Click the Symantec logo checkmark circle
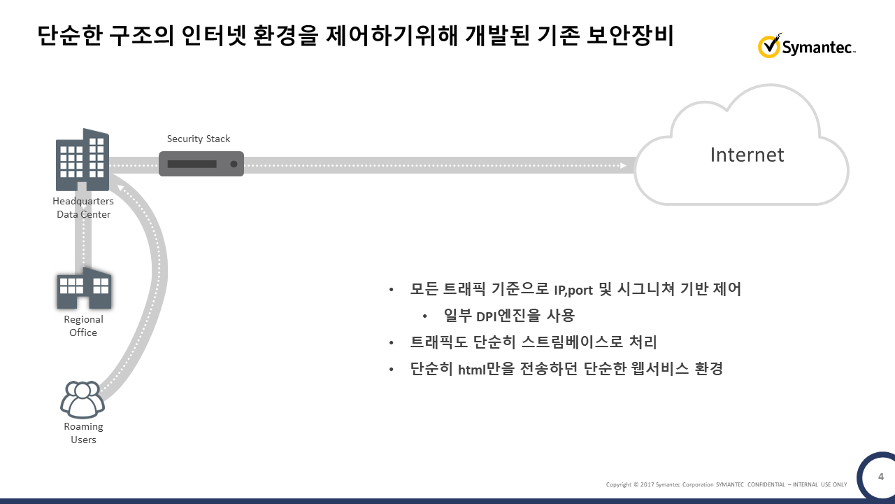(768, 46)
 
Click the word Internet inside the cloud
(747, 155)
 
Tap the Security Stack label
(198, 139)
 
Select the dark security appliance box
(201, 164)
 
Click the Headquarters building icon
(83, 159)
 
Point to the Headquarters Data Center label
(83, 208)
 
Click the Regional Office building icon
(84, 288)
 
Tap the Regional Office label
(83, 326)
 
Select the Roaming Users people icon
(83, 399)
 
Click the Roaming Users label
(83, 433)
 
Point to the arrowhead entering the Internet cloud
(623, 166)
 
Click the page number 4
(880, 477)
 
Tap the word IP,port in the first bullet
(573, 290)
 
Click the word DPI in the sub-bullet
(486, 316)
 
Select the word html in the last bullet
(471, 370)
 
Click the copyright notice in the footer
(726, 484)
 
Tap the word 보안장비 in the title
(630, 35)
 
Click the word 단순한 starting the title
(69, 35)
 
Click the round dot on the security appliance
(234, 164)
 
